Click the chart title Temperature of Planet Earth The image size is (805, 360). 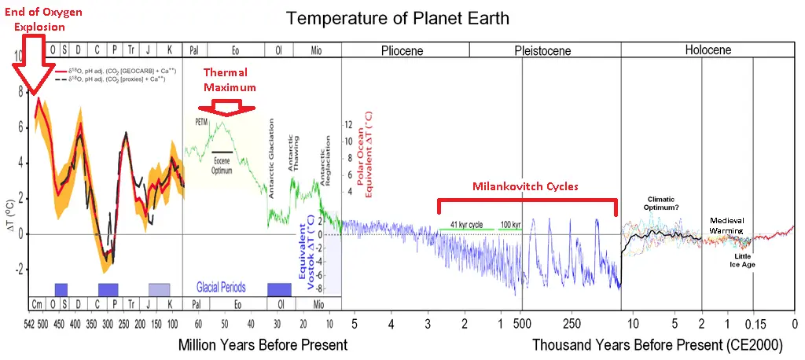(x=397, y=17)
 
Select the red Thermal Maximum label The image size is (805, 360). (x=230, y=79)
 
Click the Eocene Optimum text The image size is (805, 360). (x=222, y=163)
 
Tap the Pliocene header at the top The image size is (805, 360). (x=402, y=50)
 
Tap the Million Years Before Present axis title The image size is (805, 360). (x=263, y=344)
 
